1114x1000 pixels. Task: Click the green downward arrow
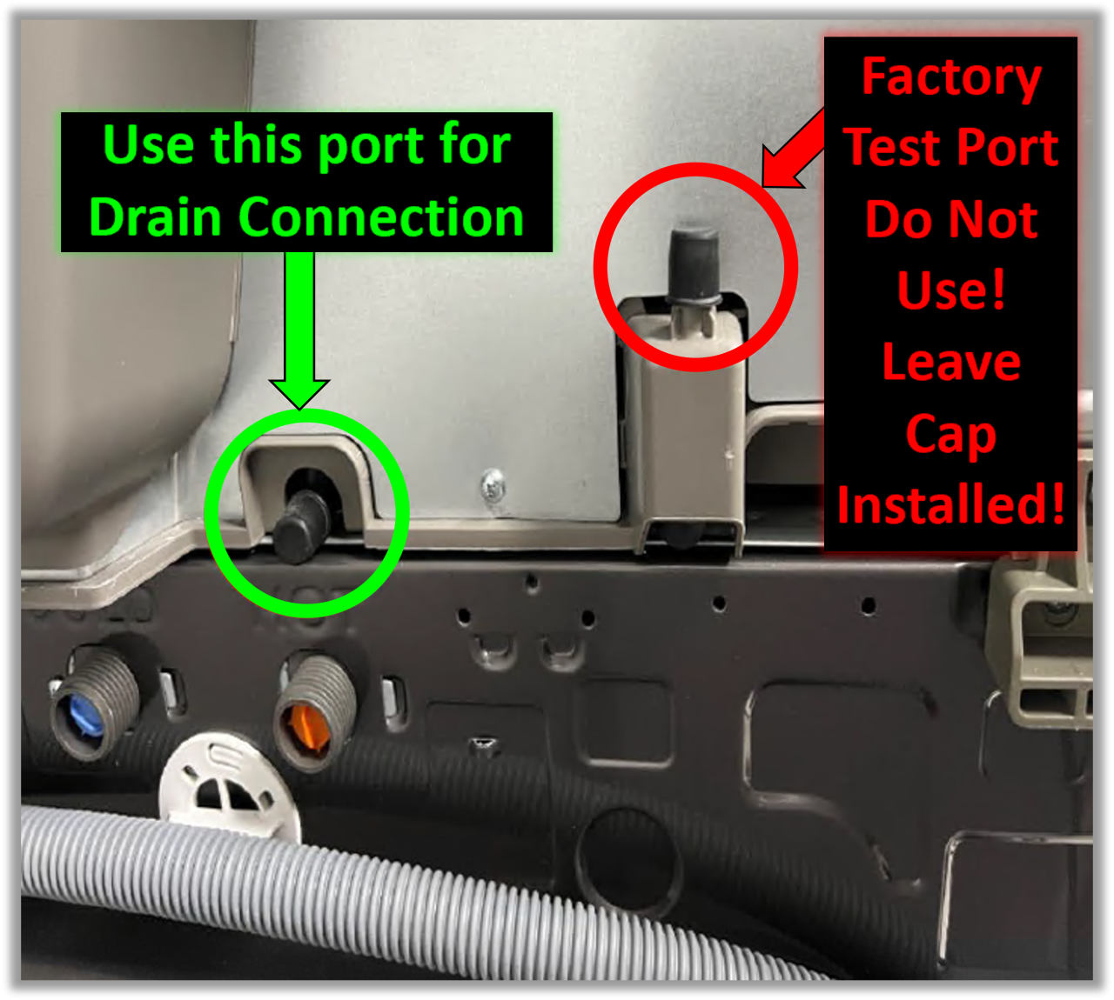pos(299,330)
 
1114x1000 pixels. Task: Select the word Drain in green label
pos(155,217)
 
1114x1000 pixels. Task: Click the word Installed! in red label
pos(951,504)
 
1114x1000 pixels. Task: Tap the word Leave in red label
pos(951,362)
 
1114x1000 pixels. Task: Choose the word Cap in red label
pos(951,435)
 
